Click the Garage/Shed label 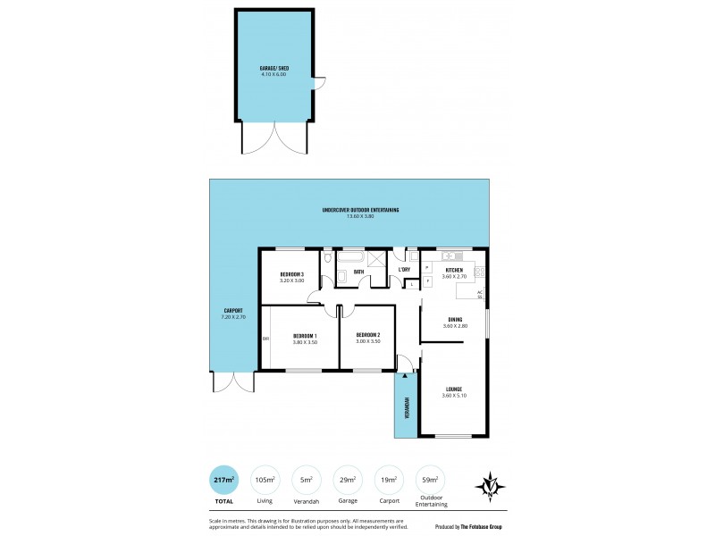coord(273,67)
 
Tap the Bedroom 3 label coord(292,273)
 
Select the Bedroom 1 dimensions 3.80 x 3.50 coord(306,342)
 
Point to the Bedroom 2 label coord(368,335)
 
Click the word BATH coord(358,272)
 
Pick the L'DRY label coord(404,269)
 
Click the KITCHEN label coord(454,269)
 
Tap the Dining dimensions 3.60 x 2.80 coord(454,326)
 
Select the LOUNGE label coord(454,389)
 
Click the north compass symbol coord(491,487)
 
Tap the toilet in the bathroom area coord(329,259)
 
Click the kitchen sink coord(450,255)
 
